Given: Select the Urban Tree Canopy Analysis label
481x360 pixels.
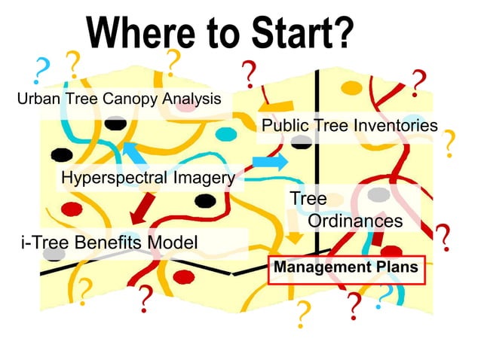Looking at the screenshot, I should coord(119,99).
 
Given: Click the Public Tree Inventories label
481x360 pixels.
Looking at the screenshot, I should coord(348,126).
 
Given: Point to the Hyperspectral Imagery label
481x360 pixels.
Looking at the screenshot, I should coord(147,178).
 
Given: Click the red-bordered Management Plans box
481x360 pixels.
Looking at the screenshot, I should coord(345,268).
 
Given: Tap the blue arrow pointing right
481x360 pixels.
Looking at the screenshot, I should coord(269,161).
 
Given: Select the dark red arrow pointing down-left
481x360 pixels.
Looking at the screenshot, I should coord(143,210).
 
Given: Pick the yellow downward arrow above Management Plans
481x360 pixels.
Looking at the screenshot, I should coord(296,236).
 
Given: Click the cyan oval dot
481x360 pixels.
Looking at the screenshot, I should coord(225,134).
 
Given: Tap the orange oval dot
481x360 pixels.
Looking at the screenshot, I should coord(351,87).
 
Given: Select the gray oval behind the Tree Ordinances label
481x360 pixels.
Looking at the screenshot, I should coord(378,195).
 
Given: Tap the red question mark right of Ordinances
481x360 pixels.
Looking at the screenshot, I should coord(445,238).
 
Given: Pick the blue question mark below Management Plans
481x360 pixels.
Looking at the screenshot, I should coord(384,296).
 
